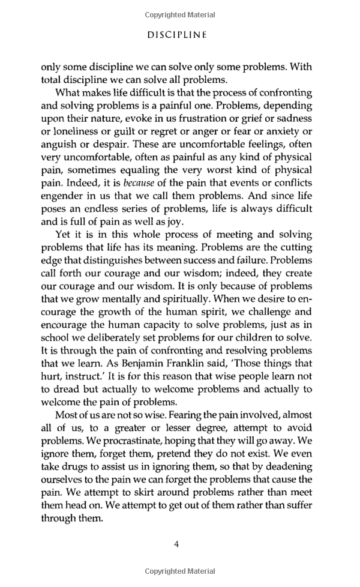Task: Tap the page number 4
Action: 176,544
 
